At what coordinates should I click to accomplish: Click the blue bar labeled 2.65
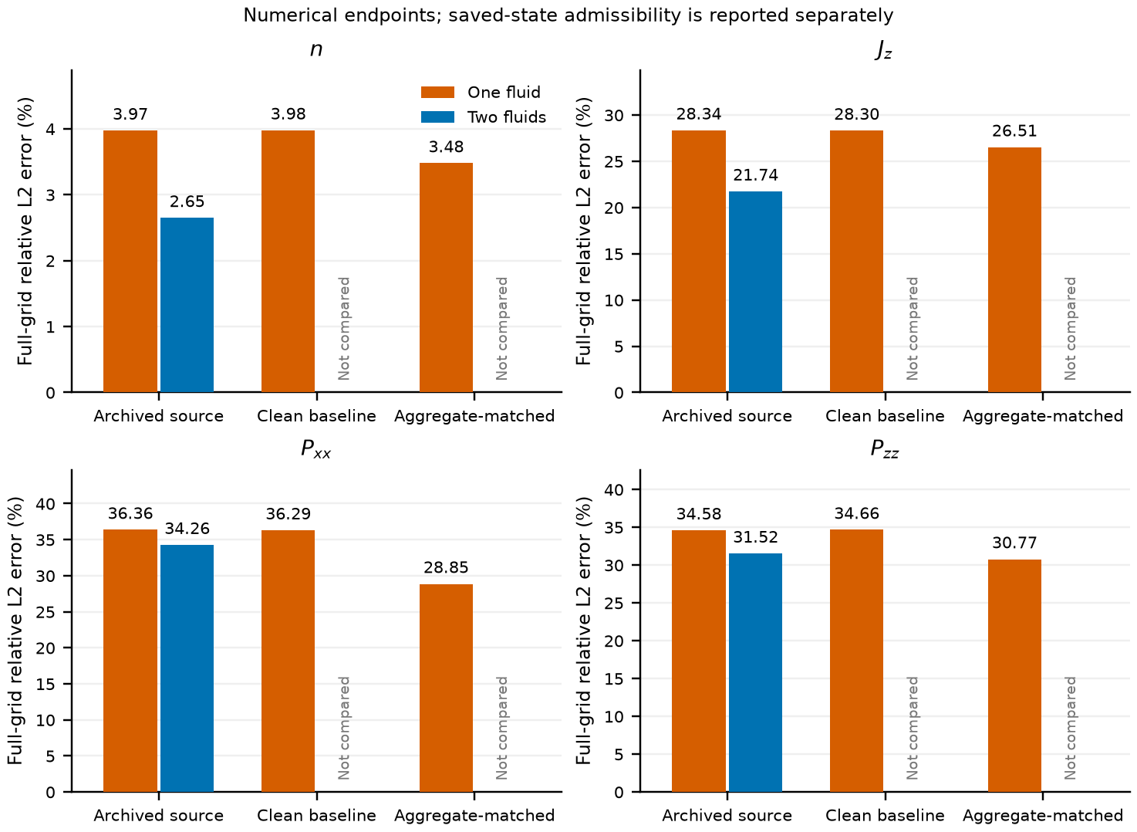[x=187, y=305]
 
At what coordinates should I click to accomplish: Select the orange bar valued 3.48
[x=446, y=277]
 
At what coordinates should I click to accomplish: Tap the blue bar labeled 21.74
[x=755, y=292]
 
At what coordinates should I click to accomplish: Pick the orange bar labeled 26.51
[x=1014, y=269]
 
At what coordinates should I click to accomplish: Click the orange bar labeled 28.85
[x=446, y=688]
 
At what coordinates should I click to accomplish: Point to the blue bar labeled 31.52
[x=755, y=672]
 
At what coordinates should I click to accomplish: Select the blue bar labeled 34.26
[x=187, y=668]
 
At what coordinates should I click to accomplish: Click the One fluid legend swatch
[x=437, y=92]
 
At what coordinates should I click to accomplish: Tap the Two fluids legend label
[x=507, y=117]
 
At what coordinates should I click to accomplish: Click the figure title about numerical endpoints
[x=568, y=15]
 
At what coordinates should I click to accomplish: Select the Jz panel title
[x=884, y=50]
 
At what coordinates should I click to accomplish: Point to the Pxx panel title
[x=315, y=449]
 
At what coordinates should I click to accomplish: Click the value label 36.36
[x=130, y=513]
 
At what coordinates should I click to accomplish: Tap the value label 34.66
[x=856, y=513]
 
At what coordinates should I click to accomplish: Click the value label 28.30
[x=856, y=114]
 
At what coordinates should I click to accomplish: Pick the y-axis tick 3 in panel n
[x=50, y=195]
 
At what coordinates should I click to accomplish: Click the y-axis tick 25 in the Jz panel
[x=614, y=161]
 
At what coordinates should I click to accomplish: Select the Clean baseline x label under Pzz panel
[x=885, y=816]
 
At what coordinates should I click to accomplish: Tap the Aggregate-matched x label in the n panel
[x=474, y=417]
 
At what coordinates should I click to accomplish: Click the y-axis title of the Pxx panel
[x=15, y=631]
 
